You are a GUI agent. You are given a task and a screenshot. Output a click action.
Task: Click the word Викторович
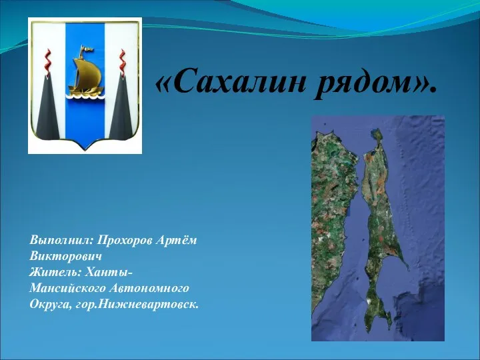(x=65, y=255)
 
